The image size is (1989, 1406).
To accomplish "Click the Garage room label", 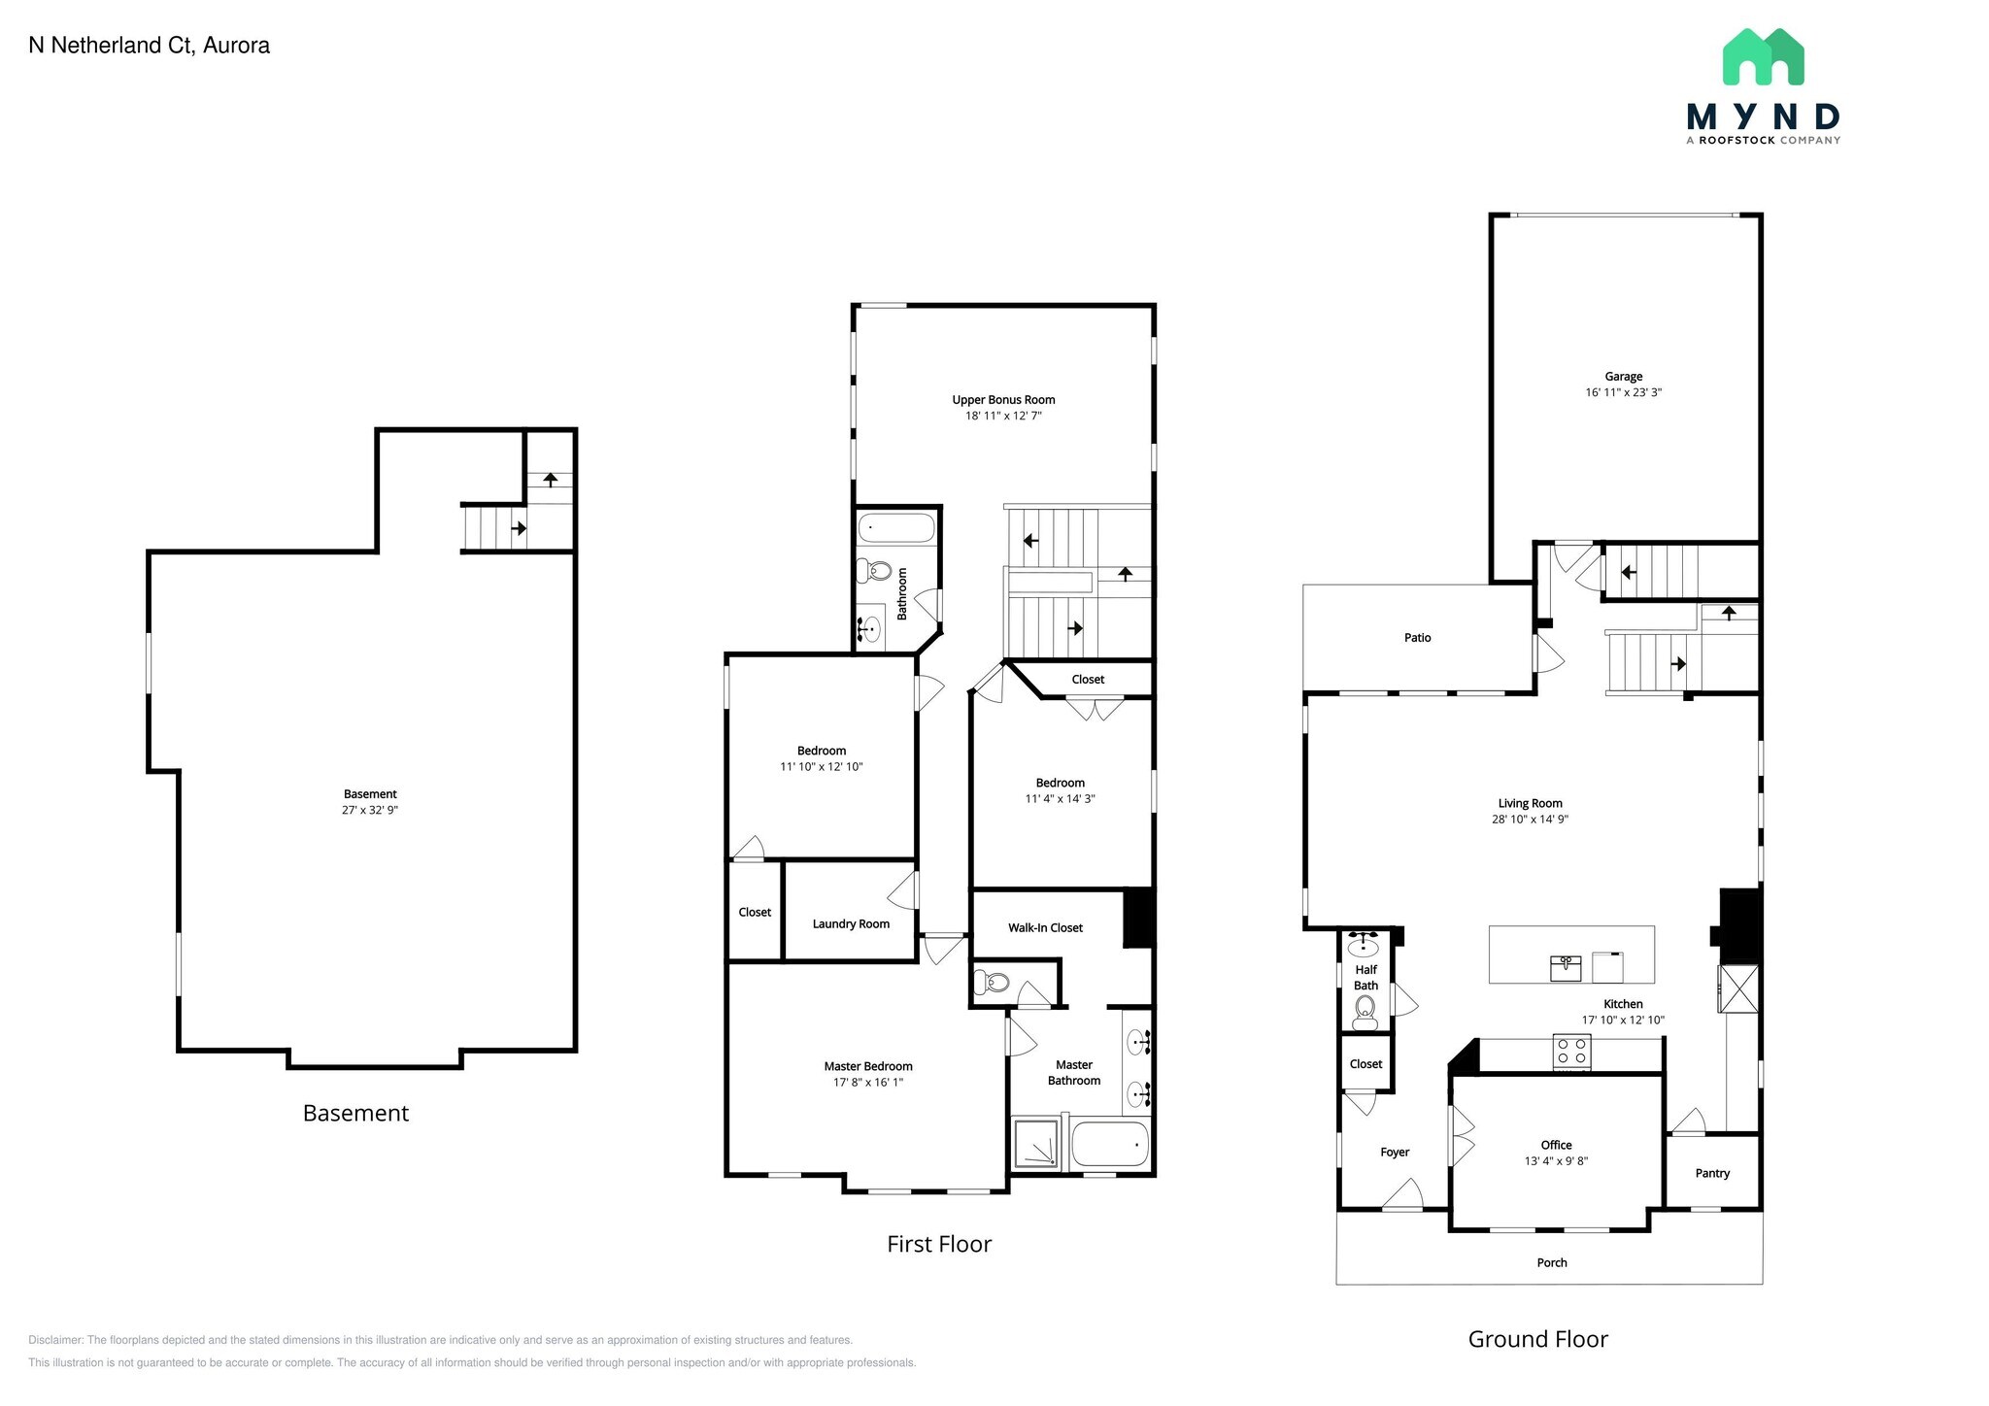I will point(1623,377).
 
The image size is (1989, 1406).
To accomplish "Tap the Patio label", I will point(1417,638).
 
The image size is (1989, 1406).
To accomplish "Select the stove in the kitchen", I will point(1571,1053).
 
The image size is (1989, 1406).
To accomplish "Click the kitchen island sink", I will point(1565,967).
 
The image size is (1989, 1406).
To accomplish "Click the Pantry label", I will point(1712,1173).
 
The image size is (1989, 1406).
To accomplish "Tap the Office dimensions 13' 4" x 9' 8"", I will point(1556,1161).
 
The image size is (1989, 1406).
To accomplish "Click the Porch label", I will point(1551,1262).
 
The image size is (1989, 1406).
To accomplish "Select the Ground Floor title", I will point(1537,1339).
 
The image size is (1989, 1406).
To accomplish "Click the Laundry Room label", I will point(851,923).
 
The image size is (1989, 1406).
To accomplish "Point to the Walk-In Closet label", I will point(1045,927).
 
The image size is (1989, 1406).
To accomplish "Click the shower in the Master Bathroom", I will point(1036,1145).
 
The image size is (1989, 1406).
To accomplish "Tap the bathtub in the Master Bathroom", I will point(1109,1145).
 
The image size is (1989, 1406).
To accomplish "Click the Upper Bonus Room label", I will point(1003,400).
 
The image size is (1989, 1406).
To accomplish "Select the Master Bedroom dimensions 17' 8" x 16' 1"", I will point(867,1082).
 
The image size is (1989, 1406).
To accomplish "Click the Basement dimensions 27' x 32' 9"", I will point(369,810).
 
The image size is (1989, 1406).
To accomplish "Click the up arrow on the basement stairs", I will point(550,479).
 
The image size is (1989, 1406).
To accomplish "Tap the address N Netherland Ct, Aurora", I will point(150,46).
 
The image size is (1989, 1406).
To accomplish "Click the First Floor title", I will point(938,1244).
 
